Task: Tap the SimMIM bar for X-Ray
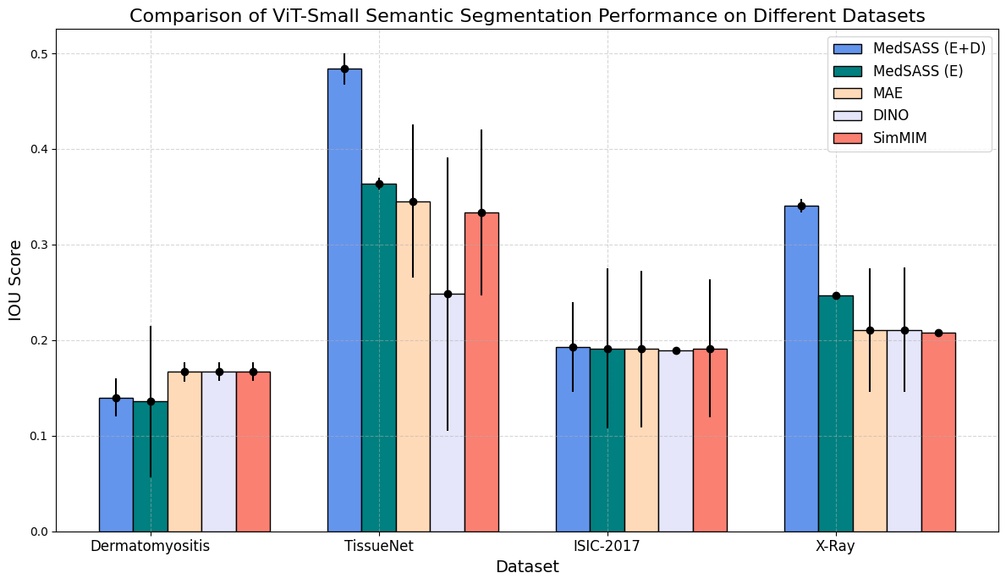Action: click(938, 432)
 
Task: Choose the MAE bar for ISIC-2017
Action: click(641, 440)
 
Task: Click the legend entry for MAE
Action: click(888, 93)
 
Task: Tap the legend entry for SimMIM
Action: click(900, 138)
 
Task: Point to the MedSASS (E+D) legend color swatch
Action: click(847, 49)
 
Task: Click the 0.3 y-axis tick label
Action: click(41, 245)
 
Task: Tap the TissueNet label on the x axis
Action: click(379, 546)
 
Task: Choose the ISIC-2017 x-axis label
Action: click(607, 546)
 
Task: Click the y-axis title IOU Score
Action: click(15, 280)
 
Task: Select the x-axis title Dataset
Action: click(527, 567)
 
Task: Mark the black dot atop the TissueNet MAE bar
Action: click(413, 201)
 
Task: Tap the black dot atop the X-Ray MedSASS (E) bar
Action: click(836, 295)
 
